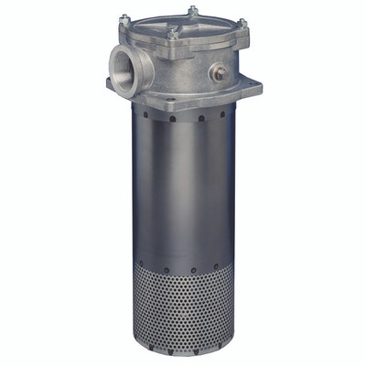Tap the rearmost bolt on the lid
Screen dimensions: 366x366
click(x=192, y=11)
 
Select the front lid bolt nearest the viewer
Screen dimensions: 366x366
click(x=171, y=35)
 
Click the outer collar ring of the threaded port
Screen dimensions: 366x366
click(x=108, y=66)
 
